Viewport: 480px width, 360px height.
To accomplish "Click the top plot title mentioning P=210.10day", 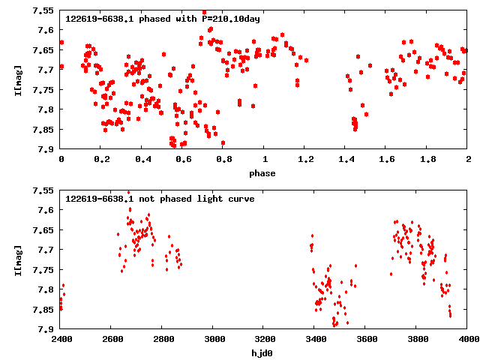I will coord(163,19).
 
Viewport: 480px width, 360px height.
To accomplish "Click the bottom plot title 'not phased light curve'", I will coord(160,199).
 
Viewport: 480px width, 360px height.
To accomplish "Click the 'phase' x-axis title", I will coord(262,173).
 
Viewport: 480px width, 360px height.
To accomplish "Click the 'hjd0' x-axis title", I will coord(262,353).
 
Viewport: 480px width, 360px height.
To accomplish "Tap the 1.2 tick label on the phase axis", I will coord(305,160).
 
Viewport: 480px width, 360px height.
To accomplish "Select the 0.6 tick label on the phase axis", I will coord(183,160).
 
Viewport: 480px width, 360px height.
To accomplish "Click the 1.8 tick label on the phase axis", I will coord(427,160).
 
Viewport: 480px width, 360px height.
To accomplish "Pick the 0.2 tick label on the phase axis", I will coord(101,160).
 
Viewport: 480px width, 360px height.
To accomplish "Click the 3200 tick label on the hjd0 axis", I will coord(264,340).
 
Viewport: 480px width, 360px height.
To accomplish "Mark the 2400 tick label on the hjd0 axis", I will coord(61,340).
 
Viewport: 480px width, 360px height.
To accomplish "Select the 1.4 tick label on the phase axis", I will coord(346,160).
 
